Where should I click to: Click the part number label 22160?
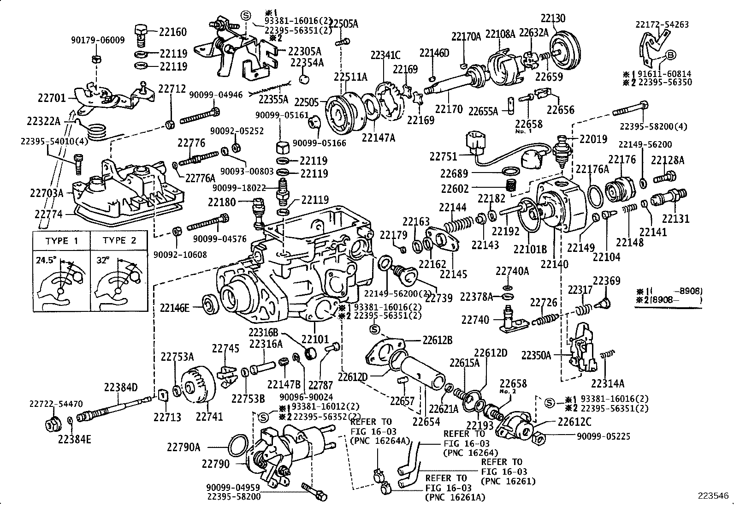click(173, 32)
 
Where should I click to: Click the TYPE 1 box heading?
click(62, 241)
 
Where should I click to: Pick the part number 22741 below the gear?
click(209, 417)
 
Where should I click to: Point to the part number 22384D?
click(121, 388)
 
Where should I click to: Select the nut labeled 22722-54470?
click(51, 423)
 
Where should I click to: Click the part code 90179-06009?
click(98, 40)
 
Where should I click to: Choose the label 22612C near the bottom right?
click(574, 422)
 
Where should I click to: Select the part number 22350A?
click(536, 355)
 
